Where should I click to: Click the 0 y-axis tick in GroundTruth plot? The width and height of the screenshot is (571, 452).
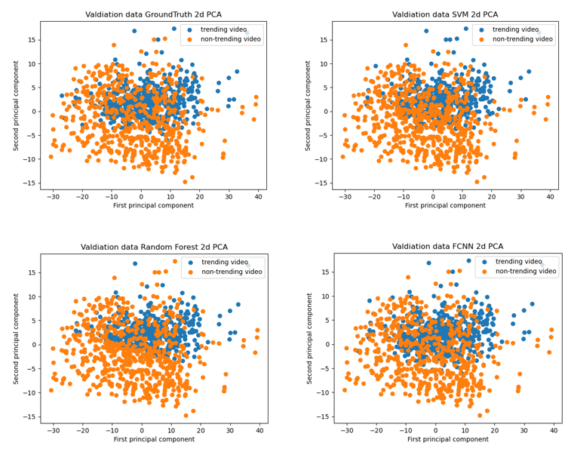[33, 111]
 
